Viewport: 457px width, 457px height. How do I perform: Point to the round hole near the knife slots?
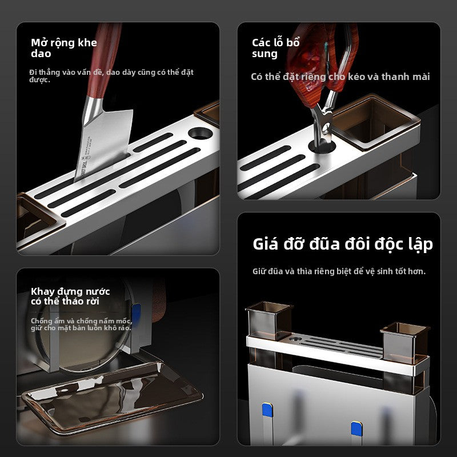[x=201, y=134]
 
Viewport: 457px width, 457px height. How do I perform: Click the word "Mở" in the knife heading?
[x=38, y=43]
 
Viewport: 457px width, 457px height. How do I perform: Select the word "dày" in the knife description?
[x=128, y=73]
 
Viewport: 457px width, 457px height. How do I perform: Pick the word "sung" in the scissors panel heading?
[x=264, y=54]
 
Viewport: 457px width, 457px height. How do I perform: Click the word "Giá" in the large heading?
[x=265, y=244]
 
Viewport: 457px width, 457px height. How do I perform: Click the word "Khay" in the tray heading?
[x=43, y=291]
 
